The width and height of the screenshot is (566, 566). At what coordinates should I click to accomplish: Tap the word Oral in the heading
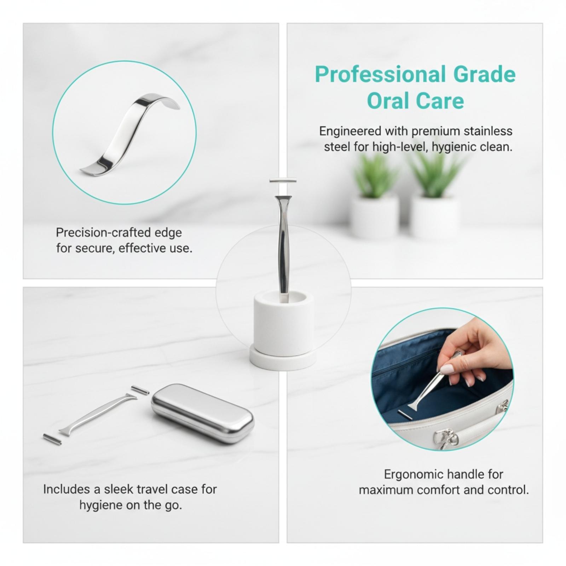pos(386,101)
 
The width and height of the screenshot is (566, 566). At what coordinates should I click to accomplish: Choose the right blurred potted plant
pos(435,195)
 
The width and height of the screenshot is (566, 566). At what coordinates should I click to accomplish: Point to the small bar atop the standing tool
pos(283,180)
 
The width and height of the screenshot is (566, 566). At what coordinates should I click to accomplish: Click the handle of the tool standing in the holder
pos(283,248)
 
